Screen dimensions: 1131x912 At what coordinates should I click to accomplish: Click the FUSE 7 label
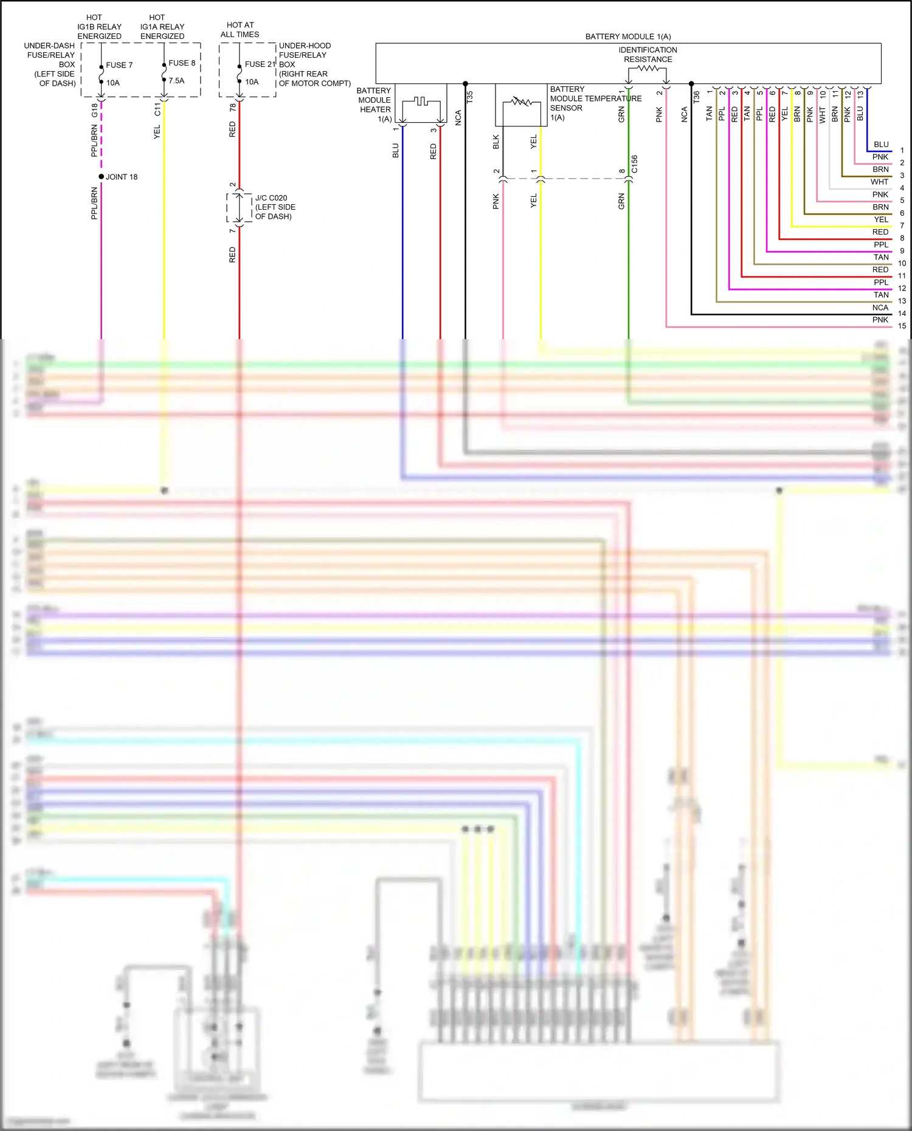(x=119, y=65)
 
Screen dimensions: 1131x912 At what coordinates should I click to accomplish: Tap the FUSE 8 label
(x=182, y=63)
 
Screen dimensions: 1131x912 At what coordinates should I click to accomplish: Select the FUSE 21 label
(x=260, y=64)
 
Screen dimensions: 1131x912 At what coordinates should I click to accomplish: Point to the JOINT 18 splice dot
(x=102, y=177)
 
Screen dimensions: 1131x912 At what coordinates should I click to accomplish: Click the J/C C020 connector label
(x=271, y=198)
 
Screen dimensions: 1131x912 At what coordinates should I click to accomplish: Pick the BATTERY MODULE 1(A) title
(x=628, y=36)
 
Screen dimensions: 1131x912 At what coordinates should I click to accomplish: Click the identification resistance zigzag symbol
(x=648, y=69)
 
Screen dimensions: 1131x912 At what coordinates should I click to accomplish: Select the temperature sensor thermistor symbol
(x=521, y=102)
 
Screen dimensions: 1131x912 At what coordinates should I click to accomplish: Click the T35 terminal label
(x=469, y=97)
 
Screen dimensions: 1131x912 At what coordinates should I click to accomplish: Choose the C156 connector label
(x=634, y=164)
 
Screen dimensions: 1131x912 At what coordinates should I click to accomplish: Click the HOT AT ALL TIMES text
(x=240, y=30)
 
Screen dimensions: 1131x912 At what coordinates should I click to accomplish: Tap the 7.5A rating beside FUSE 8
(x=176, y=81)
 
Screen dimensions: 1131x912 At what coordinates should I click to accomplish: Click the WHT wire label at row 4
(x=879, y=182)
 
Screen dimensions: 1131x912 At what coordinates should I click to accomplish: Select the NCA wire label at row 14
(x=880, y=308)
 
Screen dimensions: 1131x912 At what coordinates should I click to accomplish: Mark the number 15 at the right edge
(x=902, y=326)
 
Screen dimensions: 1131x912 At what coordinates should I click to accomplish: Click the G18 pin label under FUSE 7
(x=94, y=110)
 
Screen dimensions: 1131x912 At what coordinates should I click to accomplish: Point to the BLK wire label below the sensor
(x=496, y=142)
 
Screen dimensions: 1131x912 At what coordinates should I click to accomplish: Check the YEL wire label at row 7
(x=881, y=219)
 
